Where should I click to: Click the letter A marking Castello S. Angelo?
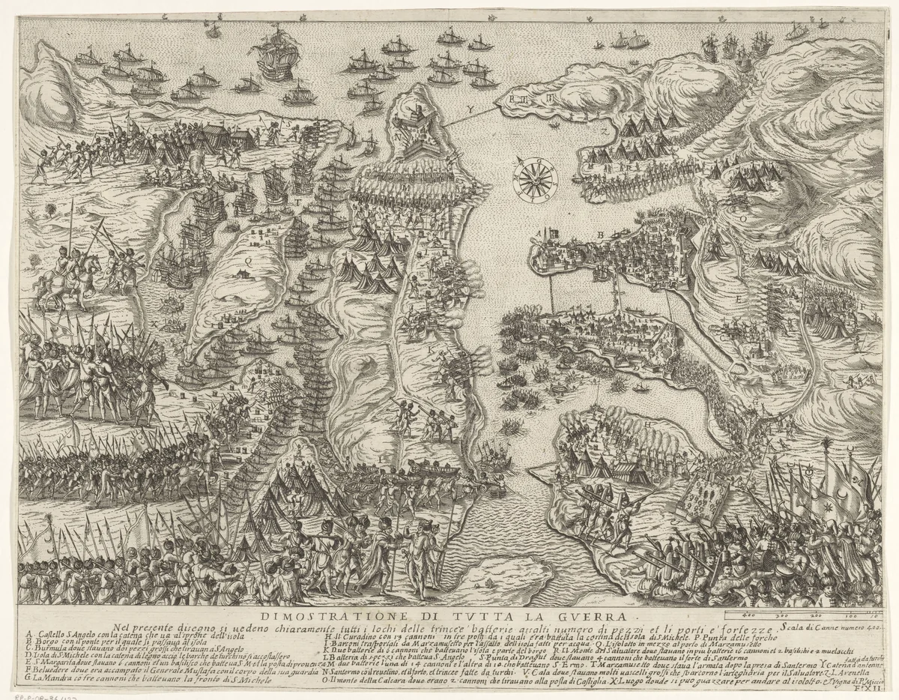[538, 234]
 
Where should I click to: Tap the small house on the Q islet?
[240, 274]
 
